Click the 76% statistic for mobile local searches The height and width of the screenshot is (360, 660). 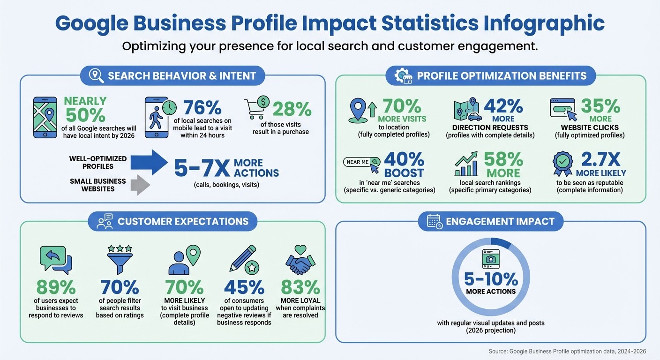pyautogui.click(x=202, y=108)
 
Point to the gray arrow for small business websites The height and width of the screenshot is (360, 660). pyautogui.click(x=140, y=185)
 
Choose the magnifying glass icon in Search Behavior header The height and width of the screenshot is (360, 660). pyautogui.click(x=97, y=76)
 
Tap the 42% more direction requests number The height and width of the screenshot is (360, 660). pyautogui.click(x=503, y=106)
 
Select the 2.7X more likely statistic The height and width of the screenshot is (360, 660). pyautogui.click(x=600, y=159)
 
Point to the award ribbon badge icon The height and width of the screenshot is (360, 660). pyautogui.click(x=562, y=162)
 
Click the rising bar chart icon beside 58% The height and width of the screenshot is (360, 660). pyautogui.click(x=466, y=164)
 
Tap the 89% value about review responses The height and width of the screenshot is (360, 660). pyautogui.click(x=56, y=286)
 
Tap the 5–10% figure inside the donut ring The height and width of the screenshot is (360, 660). pyautogui.click(x=491, y=279)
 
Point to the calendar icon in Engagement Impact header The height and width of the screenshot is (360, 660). pyautogui.click(x=435, y=221)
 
